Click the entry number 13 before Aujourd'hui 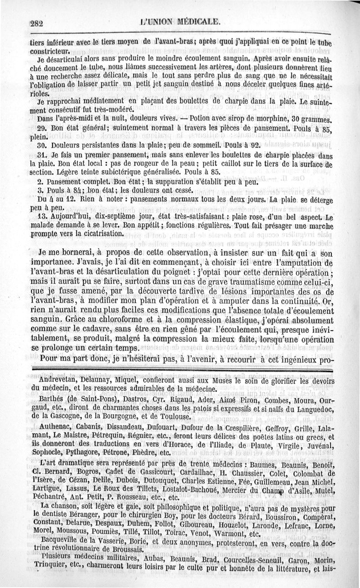point(43,216)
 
